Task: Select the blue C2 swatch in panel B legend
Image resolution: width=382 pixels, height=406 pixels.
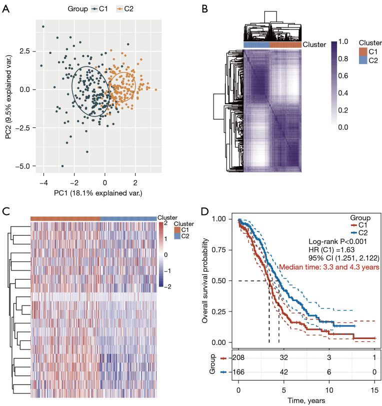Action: click(363, 60)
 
